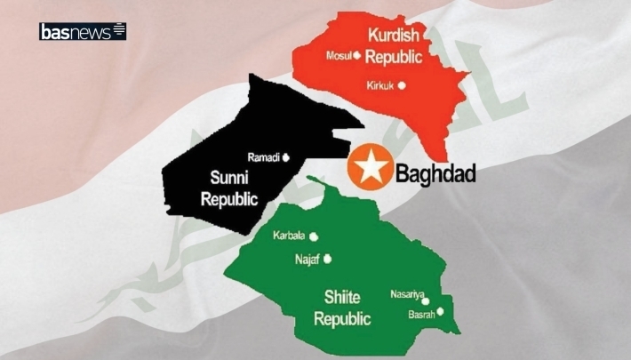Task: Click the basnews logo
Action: tap(83, 31)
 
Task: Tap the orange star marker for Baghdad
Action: tap(364, 167)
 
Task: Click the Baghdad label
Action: tap(435, 174)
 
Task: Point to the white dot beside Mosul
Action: tap(356, 55)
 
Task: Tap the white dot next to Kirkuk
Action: tap(402, 86)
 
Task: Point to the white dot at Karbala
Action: tap(313, 236)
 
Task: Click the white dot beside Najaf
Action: tap(328, 260)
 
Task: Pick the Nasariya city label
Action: tap(408, 293)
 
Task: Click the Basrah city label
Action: tap(421, 314)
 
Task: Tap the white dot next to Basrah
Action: tap(439, 311)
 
